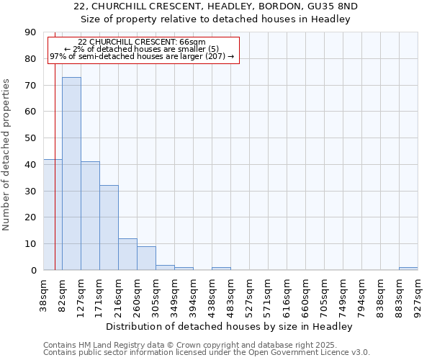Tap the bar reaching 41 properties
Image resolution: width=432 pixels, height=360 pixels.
[x=90, y=215]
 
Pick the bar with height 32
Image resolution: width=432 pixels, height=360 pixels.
[x=109, y=228]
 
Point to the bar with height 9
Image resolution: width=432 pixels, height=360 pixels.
[x=146, y=258]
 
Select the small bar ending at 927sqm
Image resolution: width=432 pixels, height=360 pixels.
[x=408, y=269]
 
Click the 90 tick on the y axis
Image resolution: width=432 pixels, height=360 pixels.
[x=30, y=32]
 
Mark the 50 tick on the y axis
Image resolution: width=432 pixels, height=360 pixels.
[x=30, y=138]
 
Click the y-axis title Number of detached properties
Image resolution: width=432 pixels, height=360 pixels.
[x=7, y=155]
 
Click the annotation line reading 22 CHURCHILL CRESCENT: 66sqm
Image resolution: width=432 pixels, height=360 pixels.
[x=142, y=42]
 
